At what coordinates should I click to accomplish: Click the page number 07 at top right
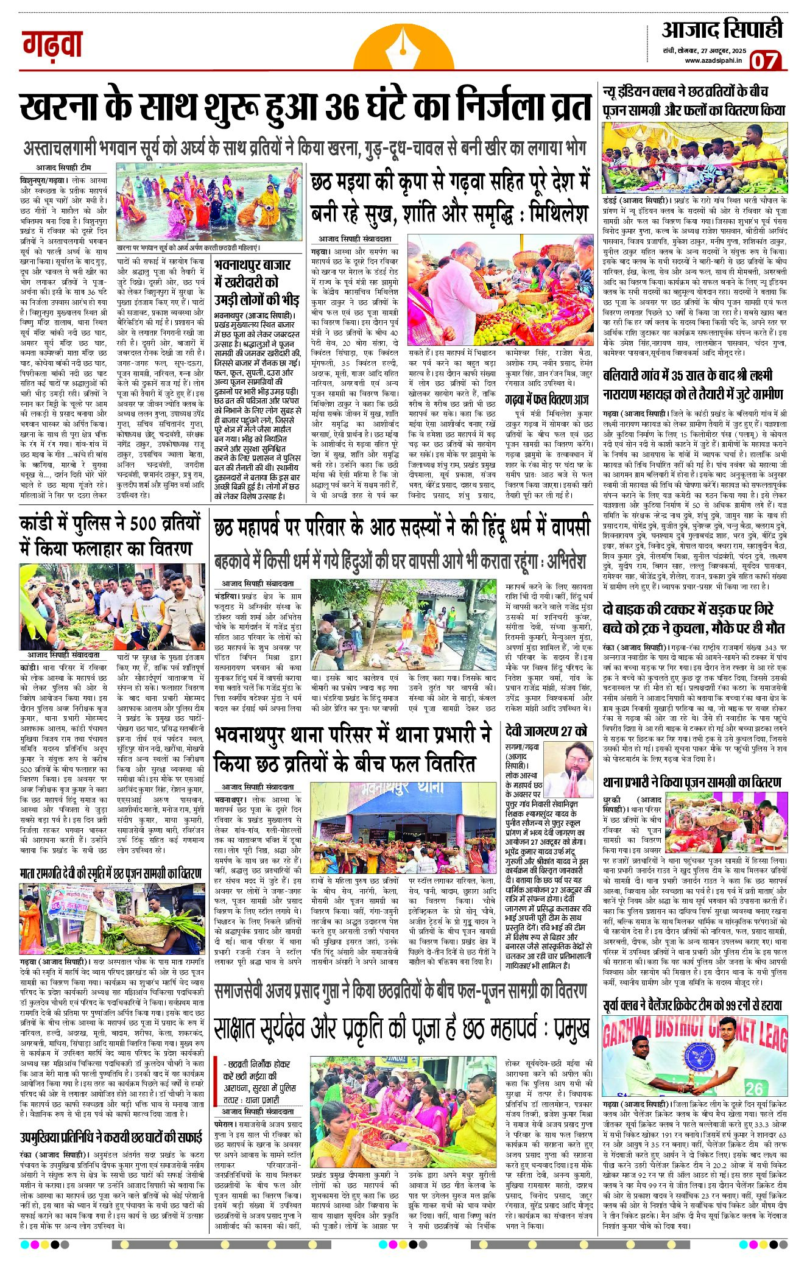tap(764, 60)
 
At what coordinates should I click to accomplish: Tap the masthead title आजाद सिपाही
tap(722, 29)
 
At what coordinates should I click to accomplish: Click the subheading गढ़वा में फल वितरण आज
tap(547, 400)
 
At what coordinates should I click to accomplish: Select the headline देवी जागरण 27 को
tap(546, 730)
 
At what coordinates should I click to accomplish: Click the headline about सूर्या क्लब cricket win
tap(692, 1005)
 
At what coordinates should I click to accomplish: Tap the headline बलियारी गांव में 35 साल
tap(692, 384)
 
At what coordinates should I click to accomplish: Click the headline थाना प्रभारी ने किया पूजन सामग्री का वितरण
tap(692, 782)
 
